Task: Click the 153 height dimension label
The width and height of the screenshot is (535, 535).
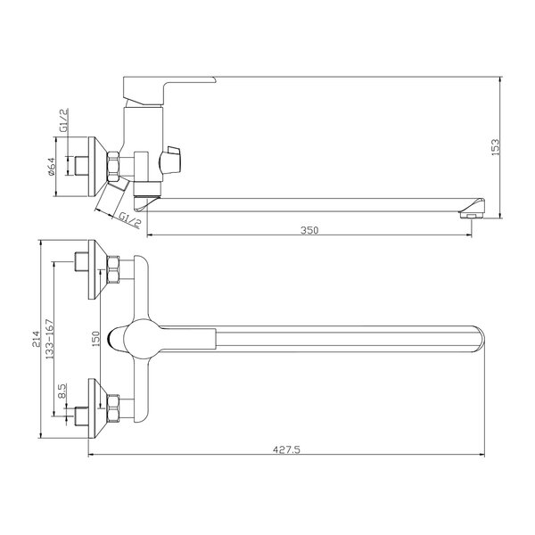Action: click(496, 147)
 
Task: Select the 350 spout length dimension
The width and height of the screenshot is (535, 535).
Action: click(309, 230)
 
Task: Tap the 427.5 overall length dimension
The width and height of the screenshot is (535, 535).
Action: click(286, 449)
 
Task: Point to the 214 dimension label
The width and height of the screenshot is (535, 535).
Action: click(37, 339)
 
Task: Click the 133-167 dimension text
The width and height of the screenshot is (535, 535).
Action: click(50, 339)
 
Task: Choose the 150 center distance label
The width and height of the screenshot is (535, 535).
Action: click(96, 339)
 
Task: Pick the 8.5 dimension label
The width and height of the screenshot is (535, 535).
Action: click(62, 391)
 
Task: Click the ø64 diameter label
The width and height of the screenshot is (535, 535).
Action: click(51, 167)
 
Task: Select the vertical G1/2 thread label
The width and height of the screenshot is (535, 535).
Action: click(64, 120)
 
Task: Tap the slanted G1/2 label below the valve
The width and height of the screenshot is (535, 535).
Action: click(130, 220)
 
